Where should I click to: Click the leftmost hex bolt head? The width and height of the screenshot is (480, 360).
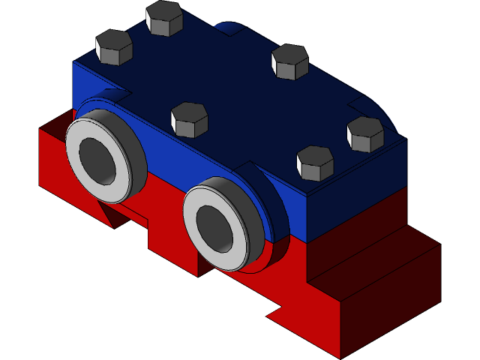tap(114, 47)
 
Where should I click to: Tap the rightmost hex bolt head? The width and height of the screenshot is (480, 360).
tap(365, 133)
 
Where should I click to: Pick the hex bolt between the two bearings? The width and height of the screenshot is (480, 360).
tap(189, 120)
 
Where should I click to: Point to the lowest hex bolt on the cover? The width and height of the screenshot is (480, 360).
tap(315, 163)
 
